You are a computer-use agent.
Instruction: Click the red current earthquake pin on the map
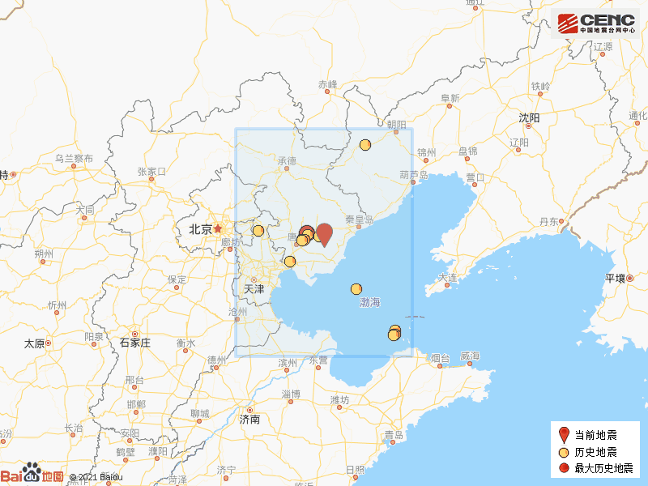pos(324,233)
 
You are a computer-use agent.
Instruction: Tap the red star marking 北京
pos(217,229)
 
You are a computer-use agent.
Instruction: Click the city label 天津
pos(254,288)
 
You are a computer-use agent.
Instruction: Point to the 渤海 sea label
pos(369,302)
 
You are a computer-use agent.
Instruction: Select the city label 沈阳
pos(529,117)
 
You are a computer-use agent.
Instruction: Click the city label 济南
pos(249,420)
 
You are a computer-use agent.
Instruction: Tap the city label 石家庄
pos(135,343)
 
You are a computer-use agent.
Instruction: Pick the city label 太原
pos(33,343)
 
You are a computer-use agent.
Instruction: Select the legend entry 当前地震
pos(595,435)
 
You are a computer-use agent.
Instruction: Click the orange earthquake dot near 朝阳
pos(365,145)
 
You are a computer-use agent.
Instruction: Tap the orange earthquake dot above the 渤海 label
pos(356,289)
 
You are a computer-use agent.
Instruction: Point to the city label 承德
pos(287,161)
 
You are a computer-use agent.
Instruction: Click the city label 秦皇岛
pos(358,220)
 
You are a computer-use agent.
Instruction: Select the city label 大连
pos(447,278)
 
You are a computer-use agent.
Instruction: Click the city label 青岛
pos(394,436)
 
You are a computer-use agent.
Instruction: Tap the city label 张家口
pos(151,172)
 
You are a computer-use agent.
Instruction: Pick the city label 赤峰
pos(327,84)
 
